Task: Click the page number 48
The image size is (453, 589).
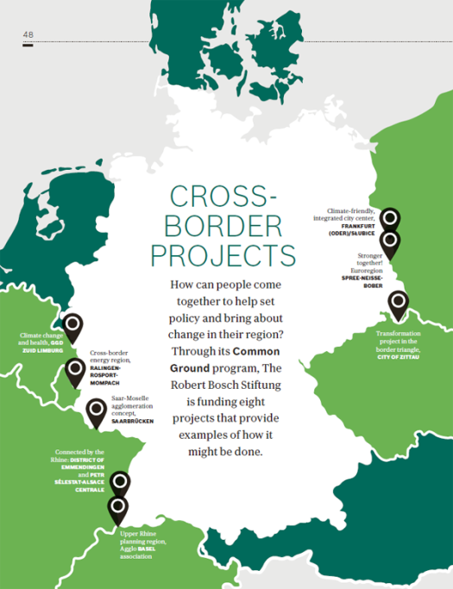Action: tap(28, 34)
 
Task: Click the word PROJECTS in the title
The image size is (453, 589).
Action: tap(223, 255)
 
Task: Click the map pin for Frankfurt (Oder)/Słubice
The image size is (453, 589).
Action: tap(390, 220)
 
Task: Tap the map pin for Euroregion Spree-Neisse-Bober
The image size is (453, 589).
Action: tap(390, 243)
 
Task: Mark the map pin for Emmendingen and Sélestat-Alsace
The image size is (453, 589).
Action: tap(120, 484)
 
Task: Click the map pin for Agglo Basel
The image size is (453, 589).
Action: tap(116, 508)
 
